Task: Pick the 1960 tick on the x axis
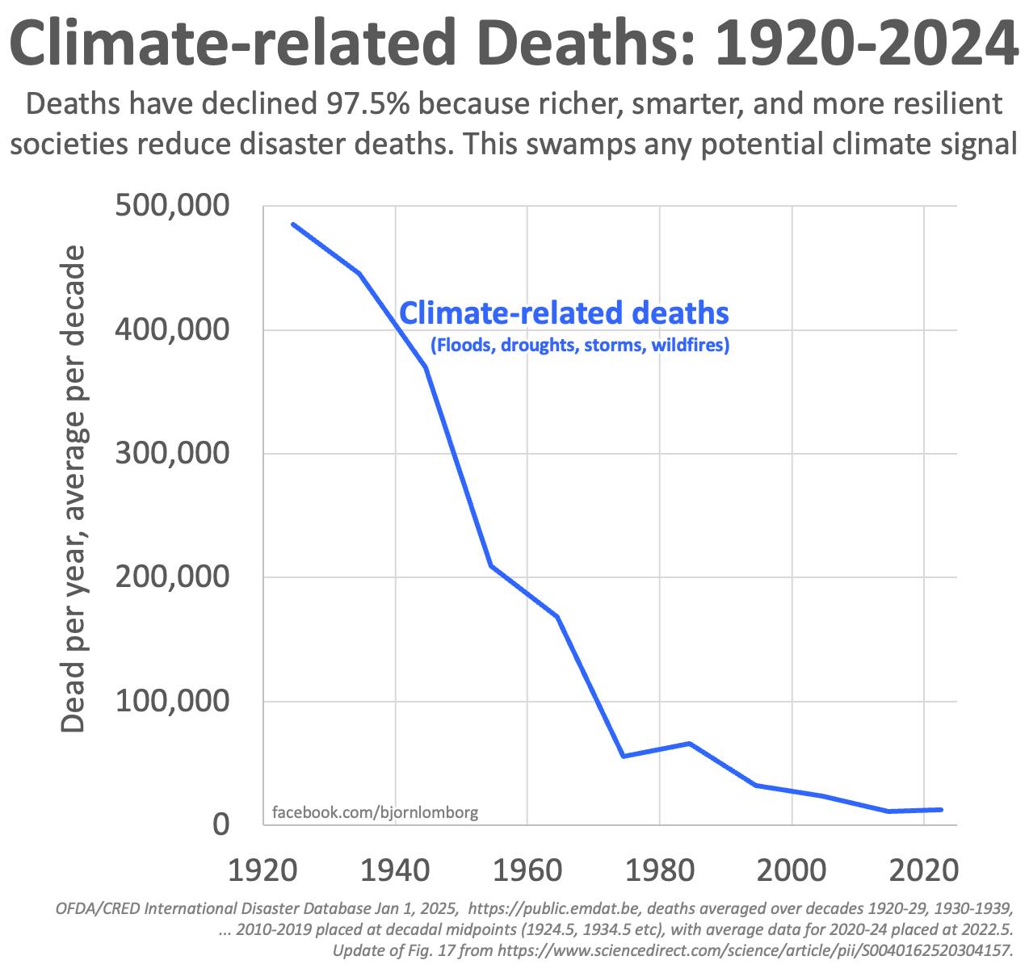(x=527, y=871)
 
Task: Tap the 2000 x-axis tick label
(x=792, y=871)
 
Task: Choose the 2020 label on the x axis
(x=924, y=871)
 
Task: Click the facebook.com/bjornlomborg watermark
(x=376, y=812)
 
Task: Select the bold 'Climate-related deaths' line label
(x=565, y=312)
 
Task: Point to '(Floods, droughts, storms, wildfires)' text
(x=580, y=346)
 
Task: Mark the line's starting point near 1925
(x=292, y=224)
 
